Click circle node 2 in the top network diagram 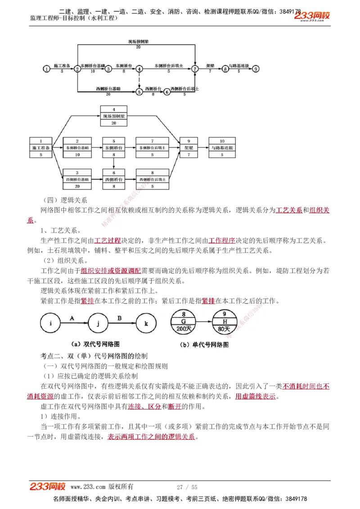pos(77,69)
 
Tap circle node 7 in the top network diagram pos(195,69)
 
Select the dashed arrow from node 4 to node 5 pos(139,80)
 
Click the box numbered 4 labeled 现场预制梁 pos(114,116)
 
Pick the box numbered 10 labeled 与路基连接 pos(222,147)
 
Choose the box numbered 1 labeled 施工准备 pos(41,147)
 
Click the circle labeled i pos(51,323)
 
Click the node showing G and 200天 pos(184,322)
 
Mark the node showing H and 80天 pos(225,322)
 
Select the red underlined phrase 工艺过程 pos(108,241)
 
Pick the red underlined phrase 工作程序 pos(222,241)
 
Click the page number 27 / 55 pos(187,487)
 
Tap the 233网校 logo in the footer pos(48,487)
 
